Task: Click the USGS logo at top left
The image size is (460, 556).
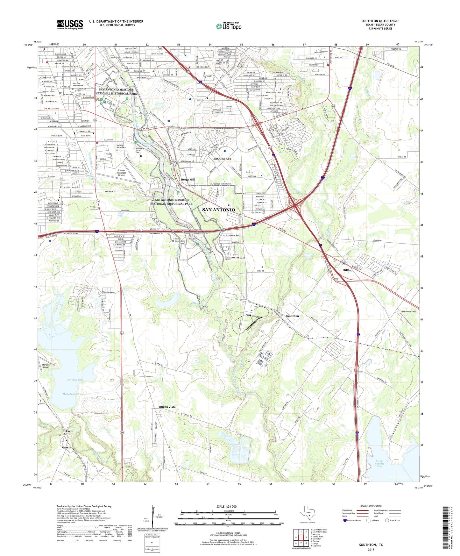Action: (x=70, y=25)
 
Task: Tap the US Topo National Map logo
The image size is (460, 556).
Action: (x=229, y=26)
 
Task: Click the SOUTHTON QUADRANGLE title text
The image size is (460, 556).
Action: (x=380, y=21)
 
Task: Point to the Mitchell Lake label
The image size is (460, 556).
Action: (x=75, y=380)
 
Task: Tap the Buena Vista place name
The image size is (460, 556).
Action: (x=167, y=407)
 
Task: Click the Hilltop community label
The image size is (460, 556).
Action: (x=347, y=270)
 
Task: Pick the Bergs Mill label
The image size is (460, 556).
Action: (x=188, y=180)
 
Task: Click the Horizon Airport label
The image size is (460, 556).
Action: (x=46, y=366)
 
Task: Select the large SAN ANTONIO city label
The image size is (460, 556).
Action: (x=219, y=210)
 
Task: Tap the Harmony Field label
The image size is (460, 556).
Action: (x=409, y=311)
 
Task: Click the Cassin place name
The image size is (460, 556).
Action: (x=67, y=447)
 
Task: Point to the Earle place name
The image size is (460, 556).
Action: (x=69, y=431)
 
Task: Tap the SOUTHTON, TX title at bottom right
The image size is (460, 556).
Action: (x=371, y=545)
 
